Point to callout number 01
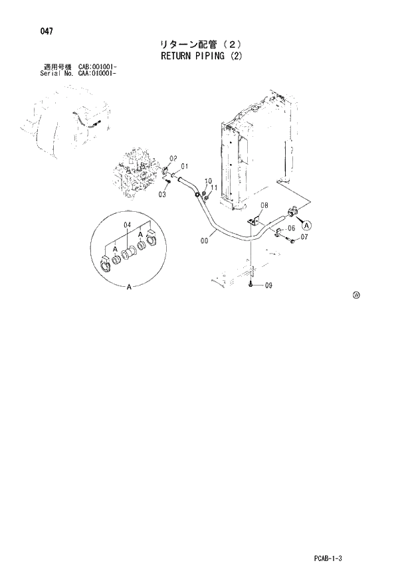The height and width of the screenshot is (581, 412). [x=184, y=165]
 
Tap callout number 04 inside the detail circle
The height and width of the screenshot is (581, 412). [x=128, y=225]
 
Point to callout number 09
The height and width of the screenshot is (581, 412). [x=268, y=286]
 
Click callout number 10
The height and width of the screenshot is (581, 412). [x=208, y=181]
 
